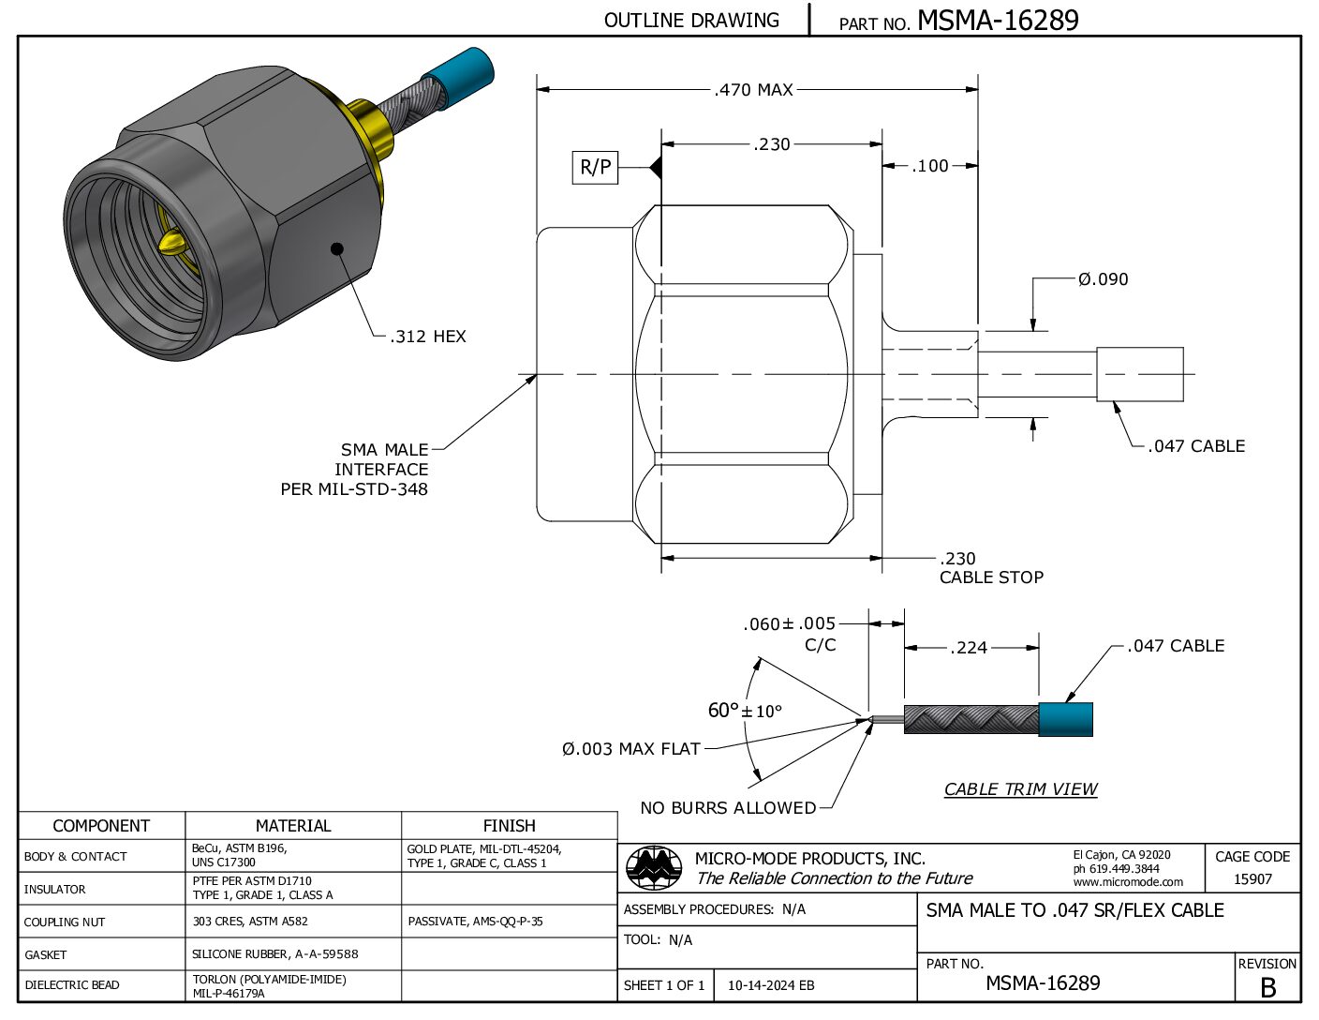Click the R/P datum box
[x=595, y=167]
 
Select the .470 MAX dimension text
[x=753, y=90]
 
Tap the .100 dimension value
[x=929, y=166]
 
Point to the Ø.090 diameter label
[x=1103, y=279]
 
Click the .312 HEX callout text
[x=428, y=337]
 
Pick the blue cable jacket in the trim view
[x=1065, y=719]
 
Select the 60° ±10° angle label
[x=745, y=711]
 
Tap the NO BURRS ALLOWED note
[x=729, y=807]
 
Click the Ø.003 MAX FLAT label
[x=631, y=748]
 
